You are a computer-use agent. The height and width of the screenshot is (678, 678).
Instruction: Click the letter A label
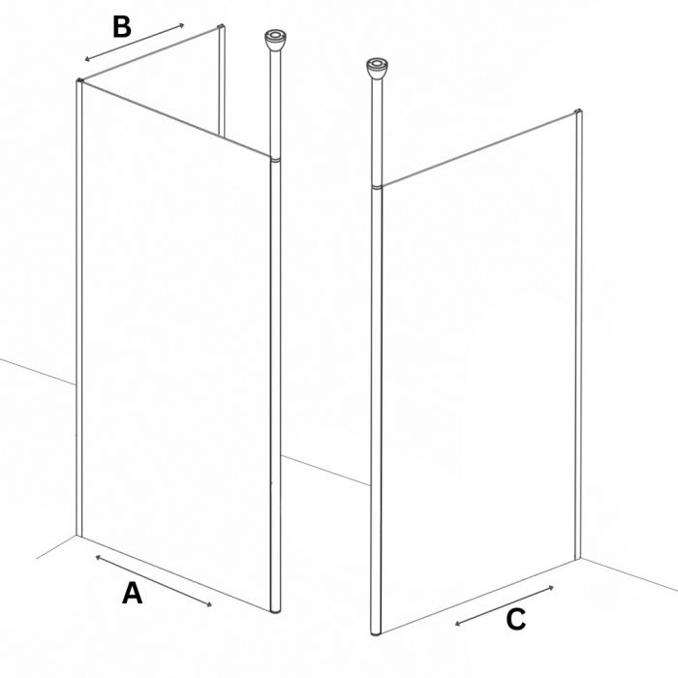133,593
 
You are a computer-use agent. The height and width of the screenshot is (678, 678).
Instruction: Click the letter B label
121,26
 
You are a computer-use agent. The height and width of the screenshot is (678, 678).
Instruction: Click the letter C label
516,619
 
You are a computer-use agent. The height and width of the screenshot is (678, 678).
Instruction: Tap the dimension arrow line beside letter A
153,581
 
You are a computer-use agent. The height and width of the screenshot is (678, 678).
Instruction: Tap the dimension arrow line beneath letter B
135,42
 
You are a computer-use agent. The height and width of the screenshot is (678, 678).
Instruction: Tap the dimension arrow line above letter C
505,605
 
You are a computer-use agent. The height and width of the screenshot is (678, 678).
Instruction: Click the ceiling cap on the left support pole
274,41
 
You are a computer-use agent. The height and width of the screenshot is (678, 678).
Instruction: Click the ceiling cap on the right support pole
377,69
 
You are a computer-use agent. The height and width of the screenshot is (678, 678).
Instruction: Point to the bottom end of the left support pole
275,611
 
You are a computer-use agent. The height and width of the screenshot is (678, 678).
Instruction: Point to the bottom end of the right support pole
376,633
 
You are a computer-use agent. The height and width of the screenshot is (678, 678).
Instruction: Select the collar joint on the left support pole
275,159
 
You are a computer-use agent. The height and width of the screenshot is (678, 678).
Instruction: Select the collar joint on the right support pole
377,187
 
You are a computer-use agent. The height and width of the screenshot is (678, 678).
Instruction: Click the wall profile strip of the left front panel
79,307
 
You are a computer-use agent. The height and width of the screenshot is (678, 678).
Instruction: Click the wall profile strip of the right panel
577,334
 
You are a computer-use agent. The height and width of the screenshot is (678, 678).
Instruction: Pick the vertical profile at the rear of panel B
222,80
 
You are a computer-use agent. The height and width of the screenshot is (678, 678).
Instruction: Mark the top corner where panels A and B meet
80,81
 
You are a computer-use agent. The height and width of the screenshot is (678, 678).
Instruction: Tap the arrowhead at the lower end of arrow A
210,605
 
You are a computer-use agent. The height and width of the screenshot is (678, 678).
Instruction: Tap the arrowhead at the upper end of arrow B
182,25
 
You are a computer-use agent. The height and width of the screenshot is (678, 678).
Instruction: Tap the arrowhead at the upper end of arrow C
551,587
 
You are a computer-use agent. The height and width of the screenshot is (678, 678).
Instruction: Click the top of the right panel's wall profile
578,110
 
